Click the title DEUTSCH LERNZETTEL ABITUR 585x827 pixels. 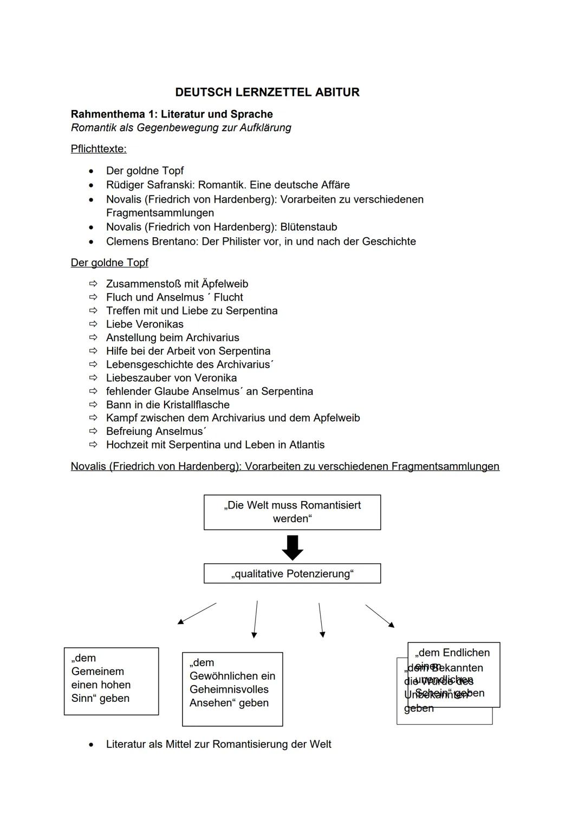pyautogui.click(x=267, y=92)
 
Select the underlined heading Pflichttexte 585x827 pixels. pyautogui.click(x=98, y=149)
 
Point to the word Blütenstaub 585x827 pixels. pyautogui.click(x=309, y=227)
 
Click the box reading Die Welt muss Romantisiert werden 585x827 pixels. pyautogui.click(x=292, y=512)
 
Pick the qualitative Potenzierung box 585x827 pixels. pyautogui.click(x=292, y=574)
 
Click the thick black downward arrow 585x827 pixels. pyautogui.click(x=292, y=548)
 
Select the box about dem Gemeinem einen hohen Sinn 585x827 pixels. pyautogui.click(x=111, y=681)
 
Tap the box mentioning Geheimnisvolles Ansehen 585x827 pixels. pyautogui.click(x=232, y=688)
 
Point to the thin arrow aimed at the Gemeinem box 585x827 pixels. pyautogui.click(x=197, y=614)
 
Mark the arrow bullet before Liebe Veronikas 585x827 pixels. pyautogui.click(x=93, y=324)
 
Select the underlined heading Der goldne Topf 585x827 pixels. pyautogui.click(x=109, y=263)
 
